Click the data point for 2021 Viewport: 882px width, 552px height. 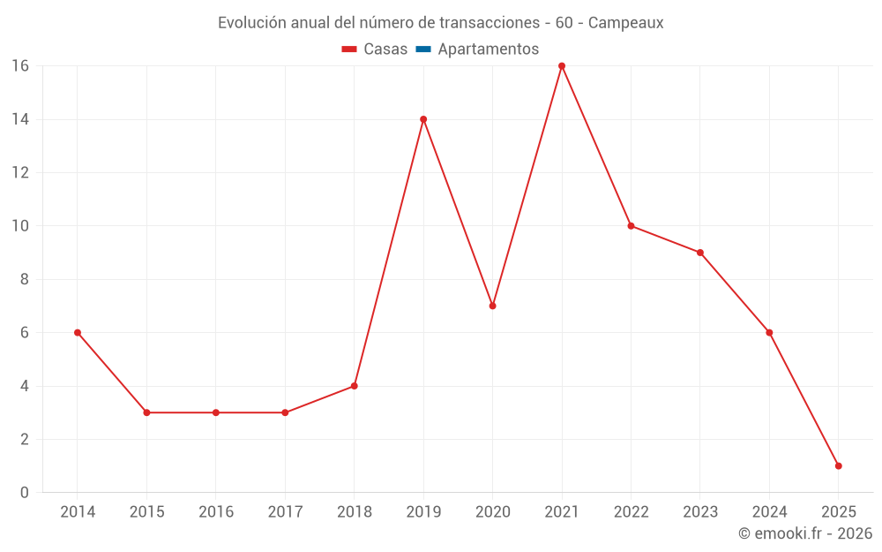[562, 66]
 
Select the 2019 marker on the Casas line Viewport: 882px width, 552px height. [423, 119]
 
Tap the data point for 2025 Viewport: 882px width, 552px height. [838, 465]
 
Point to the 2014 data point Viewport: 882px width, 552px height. [78, 333]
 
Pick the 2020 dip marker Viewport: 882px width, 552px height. [492, 306]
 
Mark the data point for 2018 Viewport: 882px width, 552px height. [354, 386]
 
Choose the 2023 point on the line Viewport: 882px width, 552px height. [700, 253]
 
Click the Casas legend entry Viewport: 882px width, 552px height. [375, 49]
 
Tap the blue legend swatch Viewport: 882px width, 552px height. [422, 49]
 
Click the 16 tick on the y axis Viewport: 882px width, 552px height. [20, 66]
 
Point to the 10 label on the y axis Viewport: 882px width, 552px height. [20, 226]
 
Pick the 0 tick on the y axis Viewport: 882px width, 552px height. [25, 492]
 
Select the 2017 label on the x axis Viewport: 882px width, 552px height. [285, 512]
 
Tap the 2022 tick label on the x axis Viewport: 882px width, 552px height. [631, 512]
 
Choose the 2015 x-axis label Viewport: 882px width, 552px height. [146, 512]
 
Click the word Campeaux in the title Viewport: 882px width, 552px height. [625, 23]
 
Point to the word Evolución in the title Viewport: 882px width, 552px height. [251, 23]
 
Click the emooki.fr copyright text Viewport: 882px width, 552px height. [805, 533]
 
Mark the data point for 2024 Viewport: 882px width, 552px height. [769, 333]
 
